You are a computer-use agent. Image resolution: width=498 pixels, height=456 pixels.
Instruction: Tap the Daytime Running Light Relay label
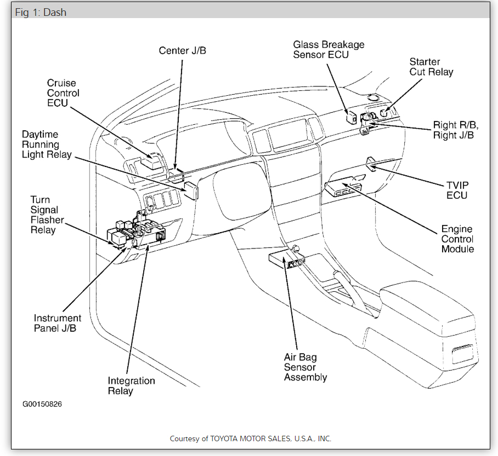tap(47, 145)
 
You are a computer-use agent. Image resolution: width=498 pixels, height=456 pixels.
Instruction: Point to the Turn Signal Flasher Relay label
tap(47, 215)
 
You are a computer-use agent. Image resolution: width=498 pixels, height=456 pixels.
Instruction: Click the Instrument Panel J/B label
tap(58, 323)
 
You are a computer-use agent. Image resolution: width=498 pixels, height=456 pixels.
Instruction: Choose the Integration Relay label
tap(131, 386)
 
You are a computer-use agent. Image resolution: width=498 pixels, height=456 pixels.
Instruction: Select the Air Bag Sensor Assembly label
tap(305, 367)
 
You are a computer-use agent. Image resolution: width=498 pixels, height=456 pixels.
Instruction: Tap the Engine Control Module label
tap(457, 239)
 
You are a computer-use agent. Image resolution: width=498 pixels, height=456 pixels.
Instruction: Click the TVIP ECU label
tap(456, 191)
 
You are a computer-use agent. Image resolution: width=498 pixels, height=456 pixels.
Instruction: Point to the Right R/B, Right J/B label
tap(454, 130)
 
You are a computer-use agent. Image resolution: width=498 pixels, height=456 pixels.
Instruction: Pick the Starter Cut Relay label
tap(431, 67)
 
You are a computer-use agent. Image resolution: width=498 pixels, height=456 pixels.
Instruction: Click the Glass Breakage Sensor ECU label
tap(329, 49)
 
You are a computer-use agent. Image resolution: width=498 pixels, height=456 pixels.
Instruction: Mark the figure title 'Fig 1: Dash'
tap(41, 12)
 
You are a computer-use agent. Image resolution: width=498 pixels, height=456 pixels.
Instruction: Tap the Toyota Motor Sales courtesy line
tap(250, 438)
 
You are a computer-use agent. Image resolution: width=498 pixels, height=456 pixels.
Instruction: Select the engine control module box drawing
tap(344, 187)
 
